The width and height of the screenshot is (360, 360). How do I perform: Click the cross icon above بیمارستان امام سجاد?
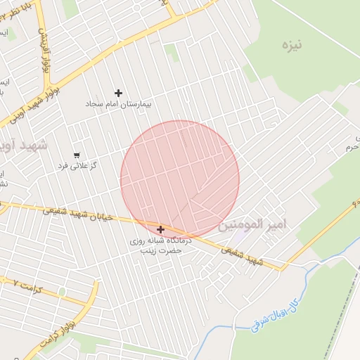coord(118,93)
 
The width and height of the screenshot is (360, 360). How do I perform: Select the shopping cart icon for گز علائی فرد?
coord(77,155)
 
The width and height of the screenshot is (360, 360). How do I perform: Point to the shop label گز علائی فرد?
coord(78,166)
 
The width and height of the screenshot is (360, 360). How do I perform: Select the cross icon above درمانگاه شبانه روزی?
coord(160,229)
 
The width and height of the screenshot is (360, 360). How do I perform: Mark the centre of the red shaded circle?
coord(180,180)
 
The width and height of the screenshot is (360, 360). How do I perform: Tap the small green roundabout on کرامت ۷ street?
coord(62,291)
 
